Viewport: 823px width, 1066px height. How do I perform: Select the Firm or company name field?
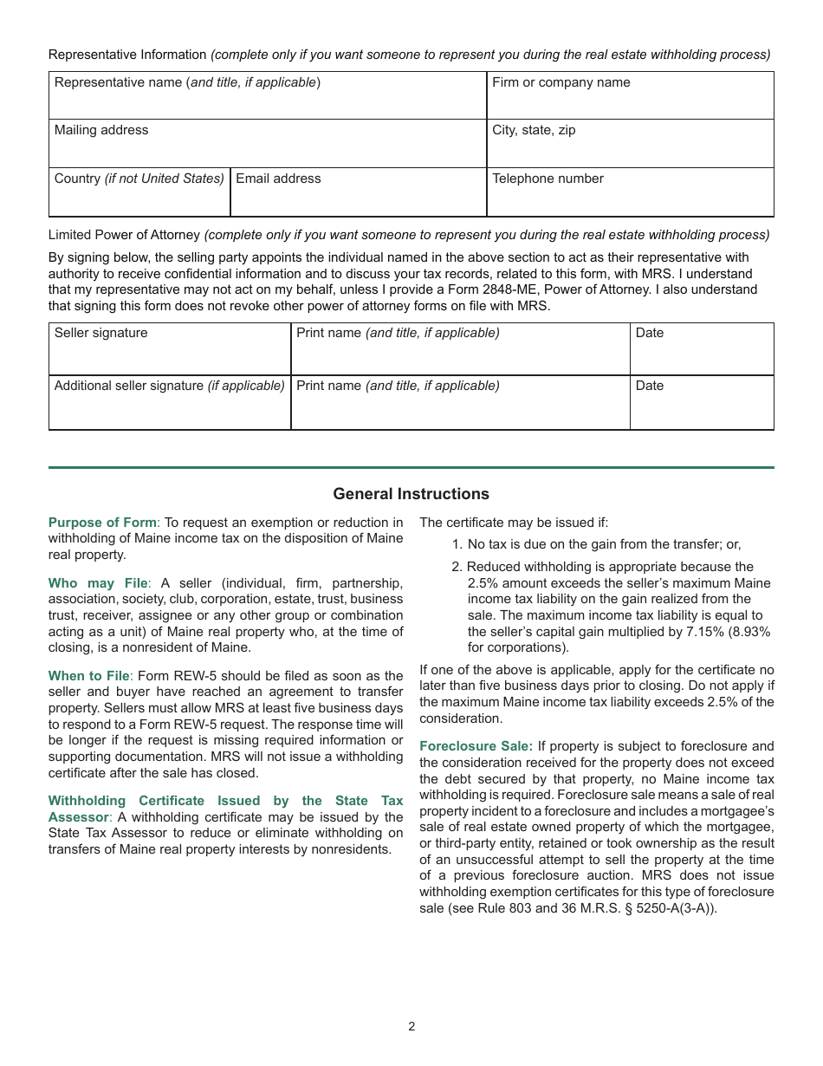point(630,96)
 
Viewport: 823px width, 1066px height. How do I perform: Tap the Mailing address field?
point(267,144)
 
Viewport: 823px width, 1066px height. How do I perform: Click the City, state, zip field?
point(630,144)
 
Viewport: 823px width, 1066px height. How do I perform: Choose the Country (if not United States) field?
point(139,192)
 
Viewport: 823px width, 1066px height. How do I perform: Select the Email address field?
point(358,192)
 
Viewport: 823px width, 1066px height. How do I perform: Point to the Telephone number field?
point(630,192)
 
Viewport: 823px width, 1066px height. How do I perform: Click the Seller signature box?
point(170,349)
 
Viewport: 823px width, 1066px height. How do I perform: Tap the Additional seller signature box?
point(170,403)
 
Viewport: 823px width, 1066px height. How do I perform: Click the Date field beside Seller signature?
point(701,349)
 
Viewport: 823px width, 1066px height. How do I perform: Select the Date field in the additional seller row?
point(701,403)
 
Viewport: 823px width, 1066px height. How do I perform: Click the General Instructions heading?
point(411,494)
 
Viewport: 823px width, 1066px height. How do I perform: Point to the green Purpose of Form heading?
point(102,523)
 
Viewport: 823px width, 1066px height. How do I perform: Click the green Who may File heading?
point(98,583)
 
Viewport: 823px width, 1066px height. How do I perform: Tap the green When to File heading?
point(89,676)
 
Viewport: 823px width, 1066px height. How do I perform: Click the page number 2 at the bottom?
point(411,1027)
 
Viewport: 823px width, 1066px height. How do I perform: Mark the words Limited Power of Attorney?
point(124,235)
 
